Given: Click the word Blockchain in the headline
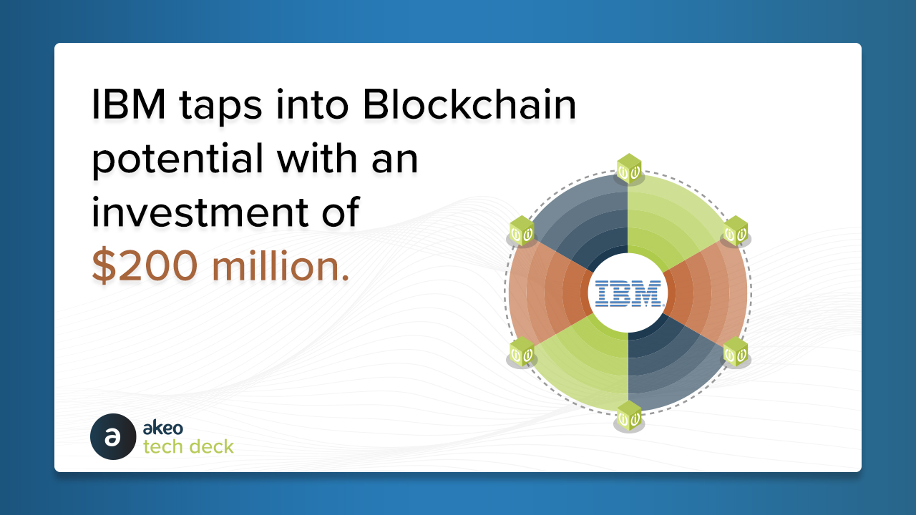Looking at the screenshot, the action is coord(469,104).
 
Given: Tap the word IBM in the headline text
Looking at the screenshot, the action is coord(129,104).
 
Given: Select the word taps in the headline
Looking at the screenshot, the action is coord(220,108).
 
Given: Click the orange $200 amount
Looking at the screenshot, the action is coord(145,265).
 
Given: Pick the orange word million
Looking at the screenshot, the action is coord(281,265).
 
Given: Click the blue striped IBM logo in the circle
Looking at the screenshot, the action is coord(628,293).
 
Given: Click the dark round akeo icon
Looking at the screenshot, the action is coord(113,436).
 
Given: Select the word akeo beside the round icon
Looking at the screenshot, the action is coord(162,428).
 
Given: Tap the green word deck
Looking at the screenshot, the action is coord(211,446).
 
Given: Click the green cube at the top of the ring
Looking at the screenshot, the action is coord(629,168).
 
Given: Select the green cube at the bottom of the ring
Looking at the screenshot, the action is coord(629,416).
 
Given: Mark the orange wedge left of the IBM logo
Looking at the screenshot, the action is coord(548,293).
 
